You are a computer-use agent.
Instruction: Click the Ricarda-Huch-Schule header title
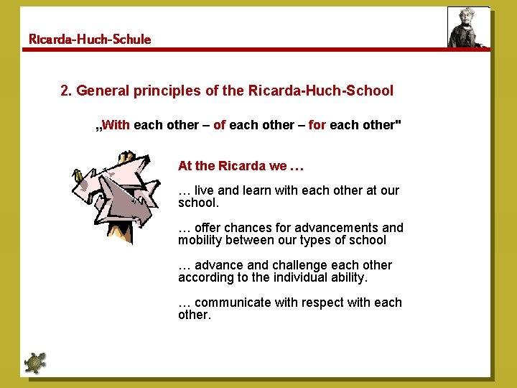coord(90,40)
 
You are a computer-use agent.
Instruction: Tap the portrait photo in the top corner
coord(468,27)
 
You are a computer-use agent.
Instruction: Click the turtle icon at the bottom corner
coord(34,363)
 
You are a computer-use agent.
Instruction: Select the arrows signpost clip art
coord(115,194)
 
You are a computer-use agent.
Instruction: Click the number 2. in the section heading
coord(67,91)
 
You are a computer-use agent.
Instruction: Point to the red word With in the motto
coord(116,125)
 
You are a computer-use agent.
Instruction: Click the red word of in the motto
coord(219,125)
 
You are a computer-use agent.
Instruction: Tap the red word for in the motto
coord(317,125)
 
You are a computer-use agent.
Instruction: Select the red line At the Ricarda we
coord(241,166)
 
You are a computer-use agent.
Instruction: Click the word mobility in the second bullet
coord(201,241)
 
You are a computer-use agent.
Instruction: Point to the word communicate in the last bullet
coord(231,302)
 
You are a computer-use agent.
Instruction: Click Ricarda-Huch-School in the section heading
coord(320,91)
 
